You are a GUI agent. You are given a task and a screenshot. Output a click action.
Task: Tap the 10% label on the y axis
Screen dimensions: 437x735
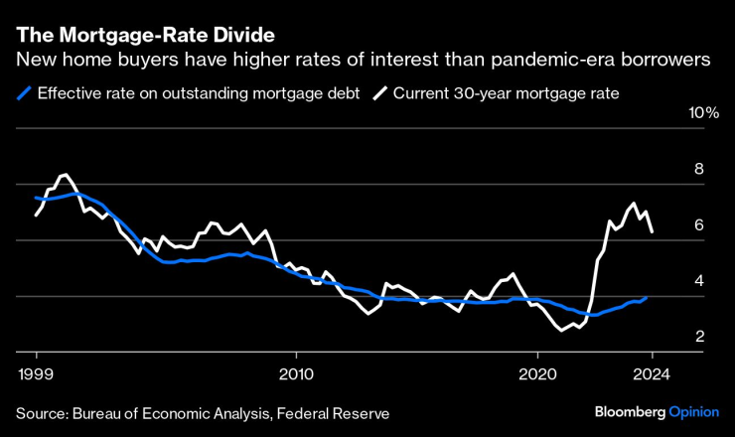tap(703, 113)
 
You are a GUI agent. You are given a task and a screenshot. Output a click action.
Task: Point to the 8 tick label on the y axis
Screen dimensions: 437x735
tap(699, 169)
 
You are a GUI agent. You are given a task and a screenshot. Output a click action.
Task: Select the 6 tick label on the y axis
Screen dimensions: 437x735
tap(699, 225)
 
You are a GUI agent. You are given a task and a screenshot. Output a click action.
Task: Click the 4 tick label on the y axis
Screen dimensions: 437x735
tap(699, 281)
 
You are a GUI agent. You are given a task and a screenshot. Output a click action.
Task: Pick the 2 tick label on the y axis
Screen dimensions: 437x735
tap(699, 337)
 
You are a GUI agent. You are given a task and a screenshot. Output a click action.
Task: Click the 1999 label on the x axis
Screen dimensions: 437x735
tap(37, 375)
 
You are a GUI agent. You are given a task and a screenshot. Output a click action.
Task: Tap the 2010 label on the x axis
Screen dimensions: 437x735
tap(296, 375)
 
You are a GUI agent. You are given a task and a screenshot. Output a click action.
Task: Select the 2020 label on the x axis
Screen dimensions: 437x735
tap(537, 375)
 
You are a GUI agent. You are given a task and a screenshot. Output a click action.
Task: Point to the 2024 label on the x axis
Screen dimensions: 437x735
tap(652, 375)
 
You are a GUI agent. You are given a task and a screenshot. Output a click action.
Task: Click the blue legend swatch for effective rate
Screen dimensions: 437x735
tap(24, 94)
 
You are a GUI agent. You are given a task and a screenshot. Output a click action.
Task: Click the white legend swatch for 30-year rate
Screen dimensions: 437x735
tap(380, 94)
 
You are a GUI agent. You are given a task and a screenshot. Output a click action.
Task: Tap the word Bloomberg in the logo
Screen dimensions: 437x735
tap(629, 411)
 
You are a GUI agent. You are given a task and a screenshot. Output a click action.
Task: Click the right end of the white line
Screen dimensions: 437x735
tap(652, 232)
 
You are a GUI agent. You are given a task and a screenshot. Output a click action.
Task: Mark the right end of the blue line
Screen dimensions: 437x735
tap(648, 297)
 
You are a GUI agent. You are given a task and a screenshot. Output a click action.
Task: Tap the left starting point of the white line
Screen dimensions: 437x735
tap(37, 215)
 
